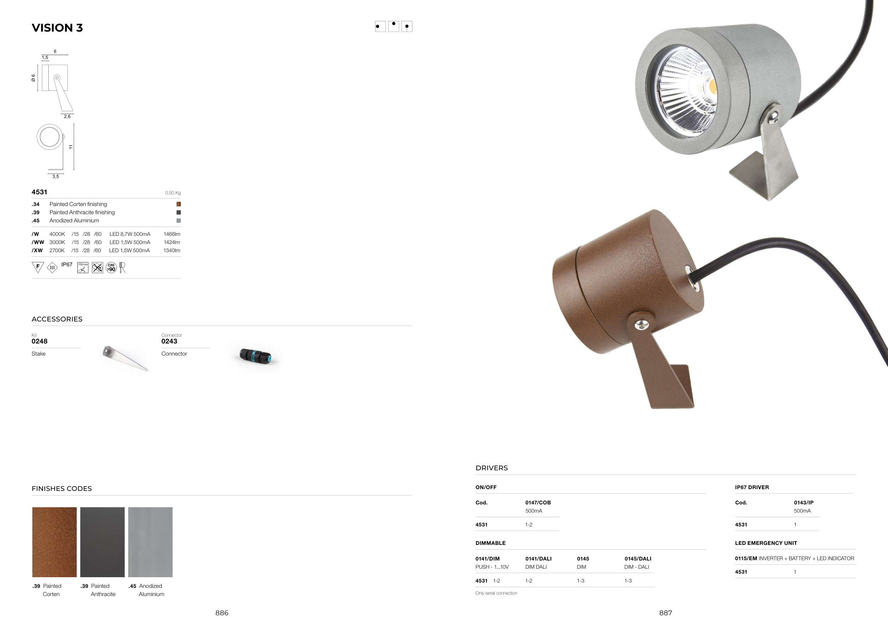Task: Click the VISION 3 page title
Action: [x=57, y=28]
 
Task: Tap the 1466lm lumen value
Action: [x=172, y=234]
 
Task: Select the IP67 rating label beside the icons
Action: [x=67, y=265]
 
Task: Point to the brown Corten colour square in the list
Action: [x=179, y=204]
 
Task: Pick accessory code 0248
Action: [x=39, y=341]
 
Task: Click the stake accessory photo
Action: [x=125, y=358]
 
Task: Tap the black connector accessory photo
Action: [x=255, y=356]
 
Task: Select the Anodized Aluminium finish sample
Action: [x=151, y=542]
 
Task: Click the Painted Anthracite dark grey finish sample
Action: [x=103, y=542]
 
